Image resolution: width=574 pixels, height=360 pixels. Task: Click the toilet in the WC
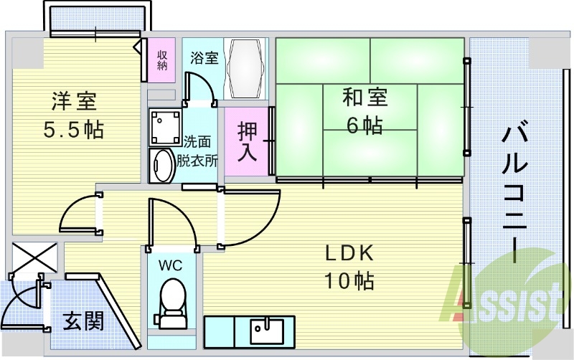pyautogui.click(x=172, y=303)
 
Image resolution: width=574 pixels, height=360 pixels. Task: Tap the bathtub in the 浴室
pyautogui.click(x=245, y=68)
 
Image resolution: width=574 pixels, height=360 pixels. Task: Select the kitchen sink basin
pyautogui.click(x=267, y=331)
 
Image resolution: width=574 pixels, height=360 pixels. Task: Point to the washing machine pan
pyautogui.click(x=165, y=127)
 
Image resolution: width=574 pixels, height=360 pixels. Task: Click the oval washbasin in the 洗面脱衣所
pyautogui.click(x=162, y=166)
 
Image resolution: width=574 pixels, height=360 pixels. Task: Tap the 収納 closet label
pyautogui.click(x=162, y=60)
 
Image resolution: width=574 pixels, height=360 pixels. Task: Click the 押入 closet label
pyautogui.click(x=248, y=141)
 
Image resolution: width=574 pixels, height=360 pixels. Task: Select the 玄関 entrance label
pyautogui.click(x=83, y=321)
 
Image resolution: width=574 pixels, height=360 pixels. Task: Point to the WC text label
pyautogui.click(x=170, y=265)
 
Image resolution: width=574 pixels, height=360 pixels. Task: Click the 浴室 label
pyautogui.click(x=204, y=58)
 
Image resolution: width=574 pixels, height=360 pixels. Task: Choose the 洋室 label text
pyautogui.click(x=74, y=101)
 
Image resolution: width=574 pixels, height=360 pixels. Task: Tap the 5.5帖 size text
pyautogui.click(x=74, y=130)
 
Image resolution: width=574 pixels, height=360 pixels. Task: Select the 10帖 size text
pyautogui.click(x=349, y=281)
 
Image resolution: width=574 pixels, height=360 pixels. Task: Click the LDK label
pyautogui.click(x=349, y=253)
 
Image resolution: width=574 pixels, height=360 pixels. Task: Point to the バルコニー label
pyautogui.click(x=514, y=194)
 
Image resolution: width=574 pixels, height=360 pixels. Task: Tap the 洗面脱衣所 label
pyautogui.click(x=197, y=151)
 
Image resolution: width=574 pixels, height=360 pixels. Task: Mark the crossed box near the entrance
pyautogui.click(x=34, y=257)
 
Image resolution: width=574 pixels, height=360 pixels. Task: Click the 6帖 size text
pyautogui.click(x=364, y=125)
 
